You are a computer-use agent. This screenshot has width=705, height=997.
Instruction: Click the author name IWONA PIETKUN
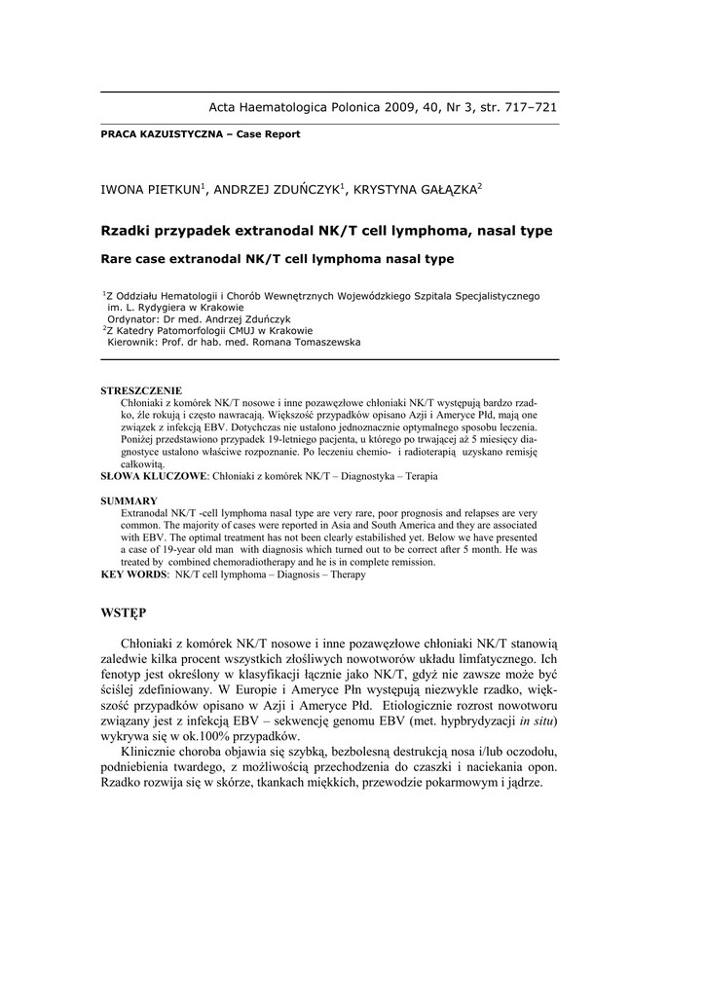coord(150,189)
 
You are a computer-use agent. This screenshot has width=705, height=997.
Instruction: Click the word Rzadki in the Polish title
coord(128,232)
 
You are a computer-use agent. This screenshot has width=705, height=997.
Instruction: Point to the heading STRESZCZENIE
coord(141,390)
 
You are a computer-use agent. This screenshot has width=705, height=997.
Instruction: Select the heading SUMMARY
coord(130,500)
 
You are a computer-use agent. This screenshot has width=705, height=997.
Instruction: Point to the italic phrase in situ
coord(535,720)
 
